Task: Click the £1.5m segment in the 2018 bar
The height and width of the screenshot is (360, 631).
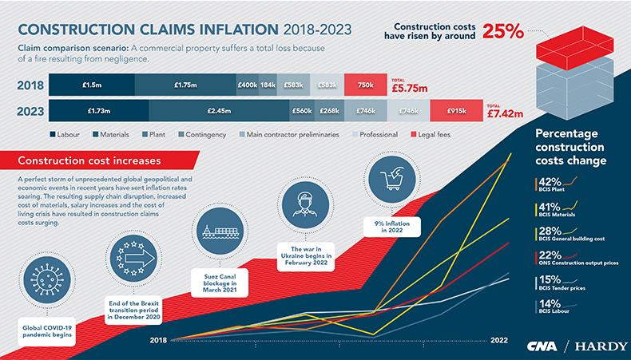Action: click(x=91, y=85)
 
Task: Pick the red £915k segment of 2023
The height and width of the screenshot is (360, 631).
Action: click(x=456, y=111)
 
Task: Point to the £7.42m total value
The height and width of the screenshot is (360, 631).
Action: click(x=505, y=114)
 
